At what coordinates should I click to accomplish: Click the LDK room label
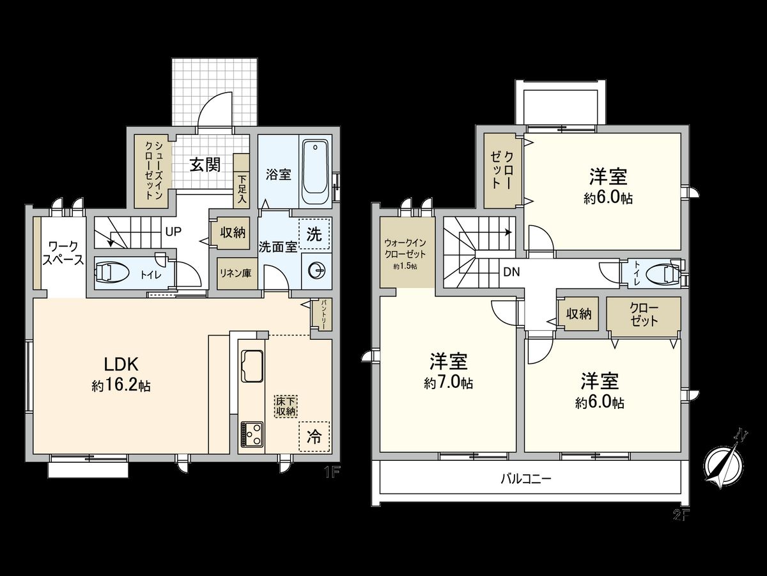coord(122,364)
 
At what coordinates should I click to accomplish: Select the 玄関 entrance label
coord(205,165)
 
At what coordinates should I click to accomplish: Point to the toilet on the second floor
coord(663,274)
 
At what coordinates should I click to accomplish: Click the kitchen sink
coord(252,367)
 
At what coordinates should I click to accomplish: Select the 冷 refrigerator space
coord(314,436)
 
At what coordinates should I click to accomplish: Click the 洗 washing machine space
coord(314,234)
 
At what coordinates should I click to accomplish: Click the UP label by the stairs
coord(173,232)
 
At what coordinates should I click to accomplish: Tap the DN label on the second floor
coord(511,272)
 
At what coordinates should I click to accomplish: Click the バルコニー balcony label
coord(525,479)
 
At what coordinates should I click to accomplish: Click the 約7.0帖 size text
coord(448,383)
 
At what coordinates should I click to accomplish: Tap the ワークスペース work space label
coord(63,253)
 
